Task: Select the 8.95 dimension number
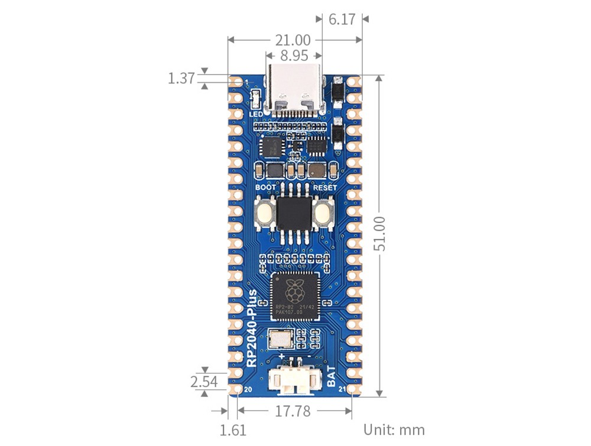[294, 56]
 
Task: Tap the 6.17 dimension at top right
[342, 19]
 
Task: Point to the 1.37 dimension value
[181, 78]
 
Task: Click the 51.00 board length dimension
[380, 234]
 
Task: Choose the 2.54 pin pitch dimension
[204, 382]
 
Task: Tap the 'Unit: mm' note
[394, 429]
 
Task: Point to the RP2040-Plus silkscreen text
[251, 328]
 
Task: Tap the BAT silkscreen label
[331, 377]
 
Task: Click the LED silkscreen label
[255, 114]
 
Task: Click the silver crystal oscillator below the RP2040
[280, 339]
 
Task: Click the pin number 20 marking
[248, 390]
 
